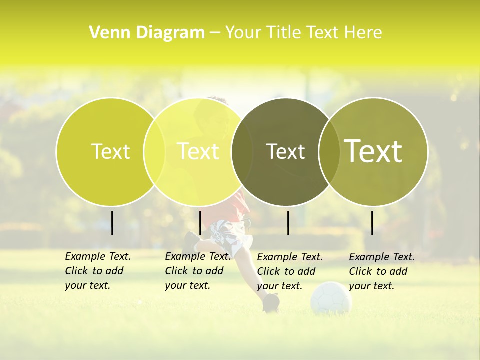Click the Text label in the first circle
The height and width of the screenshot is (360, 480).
point(110,151)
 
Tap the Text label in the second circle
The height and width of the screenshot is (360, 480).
point(198,151)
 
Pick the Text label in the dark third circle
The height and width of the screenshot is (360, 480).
point(285,151)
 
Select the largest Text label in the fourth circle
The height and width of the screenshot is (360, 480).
point(373,151)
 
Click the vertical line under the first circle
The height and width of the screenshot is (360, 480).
point(112,223)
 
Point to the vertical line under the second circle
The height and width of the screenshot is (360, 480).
point(200,223)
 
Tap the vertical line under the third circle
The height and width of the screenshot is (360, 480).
point(288,223)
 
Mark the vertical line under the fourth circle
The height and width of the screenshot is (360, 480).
point(372,223)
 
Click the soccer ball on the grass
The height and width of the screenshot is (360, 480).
point(331,297)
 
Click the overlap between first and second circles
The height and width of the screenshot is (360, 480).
point(154,151)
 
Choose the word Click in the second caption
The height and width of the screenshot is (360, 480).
point(176,271)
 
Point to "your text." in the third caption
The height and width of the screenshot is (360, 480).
point(279,286)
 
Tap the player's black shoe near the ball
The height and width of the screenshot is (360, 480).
point(271,302)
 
